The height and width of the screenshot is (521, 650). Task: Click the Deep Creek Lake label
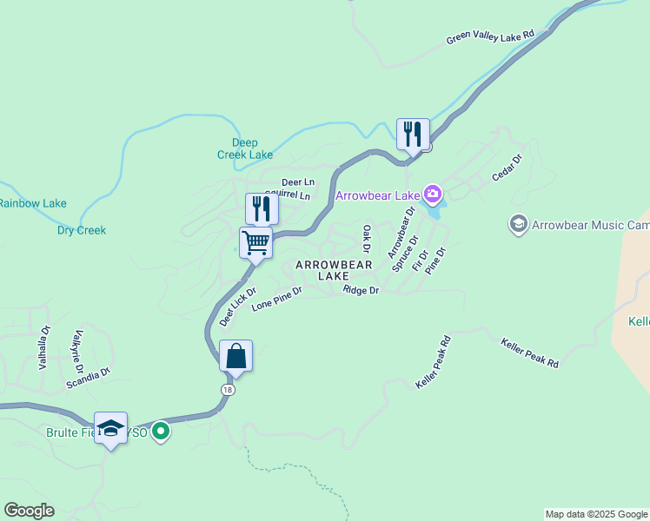[245, 148]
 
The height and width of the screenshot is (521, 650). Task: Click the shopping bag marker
[235, 356]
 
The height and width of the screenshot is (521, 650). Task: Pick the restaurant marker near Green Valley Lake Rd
[413, 135]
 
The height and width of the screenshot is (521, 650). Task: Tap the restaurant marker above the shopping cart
[262, 209]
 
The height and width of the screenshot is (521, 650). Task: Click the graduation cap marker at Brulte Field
[111, 428]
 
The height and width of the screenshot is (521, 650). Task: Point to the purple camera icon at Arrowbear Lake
[432, 193]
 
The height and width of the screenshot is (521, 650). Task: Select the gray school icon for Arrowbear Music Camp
[519, 225]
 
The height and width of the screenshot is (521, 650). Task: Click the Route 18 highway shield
[228, 390]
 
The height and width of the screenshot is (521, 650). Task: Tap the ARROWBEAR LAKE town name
[334, 269]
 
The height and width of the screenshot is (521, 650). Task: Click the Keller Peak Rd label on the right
[529, 352]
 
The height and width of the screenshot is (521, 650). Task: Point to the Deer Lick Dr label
[237, 307]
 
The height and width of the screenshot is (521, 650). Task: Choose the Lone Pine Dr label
[276, 300]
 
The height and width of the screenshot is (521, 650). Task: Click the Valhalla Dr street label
[45, 348]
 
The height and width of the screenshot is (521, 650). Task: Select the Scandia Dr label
[93, 373]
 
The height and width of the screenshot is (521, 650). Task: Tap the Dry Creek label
[82, 230]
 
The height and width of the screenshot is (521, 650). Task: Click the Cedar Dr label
[507, 168]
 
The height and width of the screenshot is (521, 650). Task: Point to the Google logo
[29, 511]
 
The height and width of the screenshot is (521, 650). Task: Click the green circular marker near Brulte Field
[160, 430]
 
